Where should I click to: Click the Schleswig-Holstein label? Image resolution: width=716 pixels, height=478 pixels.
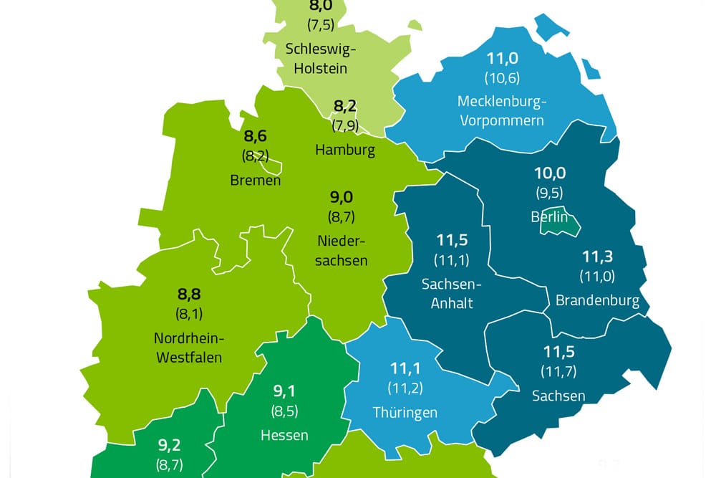point(316,59)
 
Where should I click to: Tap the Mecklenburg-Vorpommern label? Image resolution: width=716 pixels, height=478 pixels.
point(501,110)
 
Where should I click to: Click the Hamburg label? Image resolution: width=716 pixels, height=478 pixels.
point(345,150)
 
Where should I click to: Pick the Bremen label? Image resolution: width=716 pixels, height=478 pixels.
point(256,180)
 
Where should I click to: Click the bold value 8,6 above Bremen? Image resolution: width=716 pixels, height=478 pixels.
point(255,135)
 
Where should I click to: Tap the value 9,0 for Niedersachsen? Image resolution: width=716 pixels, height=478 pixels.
point(342,197)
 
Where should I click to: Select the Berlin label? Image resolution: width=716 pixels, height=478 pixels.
point(549,216)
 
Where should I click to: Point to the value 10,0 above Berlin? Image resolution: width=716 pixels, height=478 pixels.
point(550,173)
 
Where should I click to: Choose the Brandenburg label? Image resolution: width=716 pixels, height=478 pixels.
point(598,300)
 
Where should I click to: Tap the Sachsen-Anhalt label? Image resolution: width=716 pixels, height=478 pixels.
point(452,293)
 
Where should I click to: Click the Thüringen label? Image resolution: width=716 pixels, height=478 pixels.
point(405,413)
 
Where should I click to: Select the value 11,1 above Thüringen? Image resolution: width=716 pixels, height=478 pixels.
point(405,369)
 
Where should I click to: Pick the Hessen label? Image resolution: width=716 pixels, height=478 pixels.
point(284,434)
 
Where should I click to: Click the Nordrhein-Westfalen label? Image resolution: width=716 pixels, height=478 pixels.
point(188,348)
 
